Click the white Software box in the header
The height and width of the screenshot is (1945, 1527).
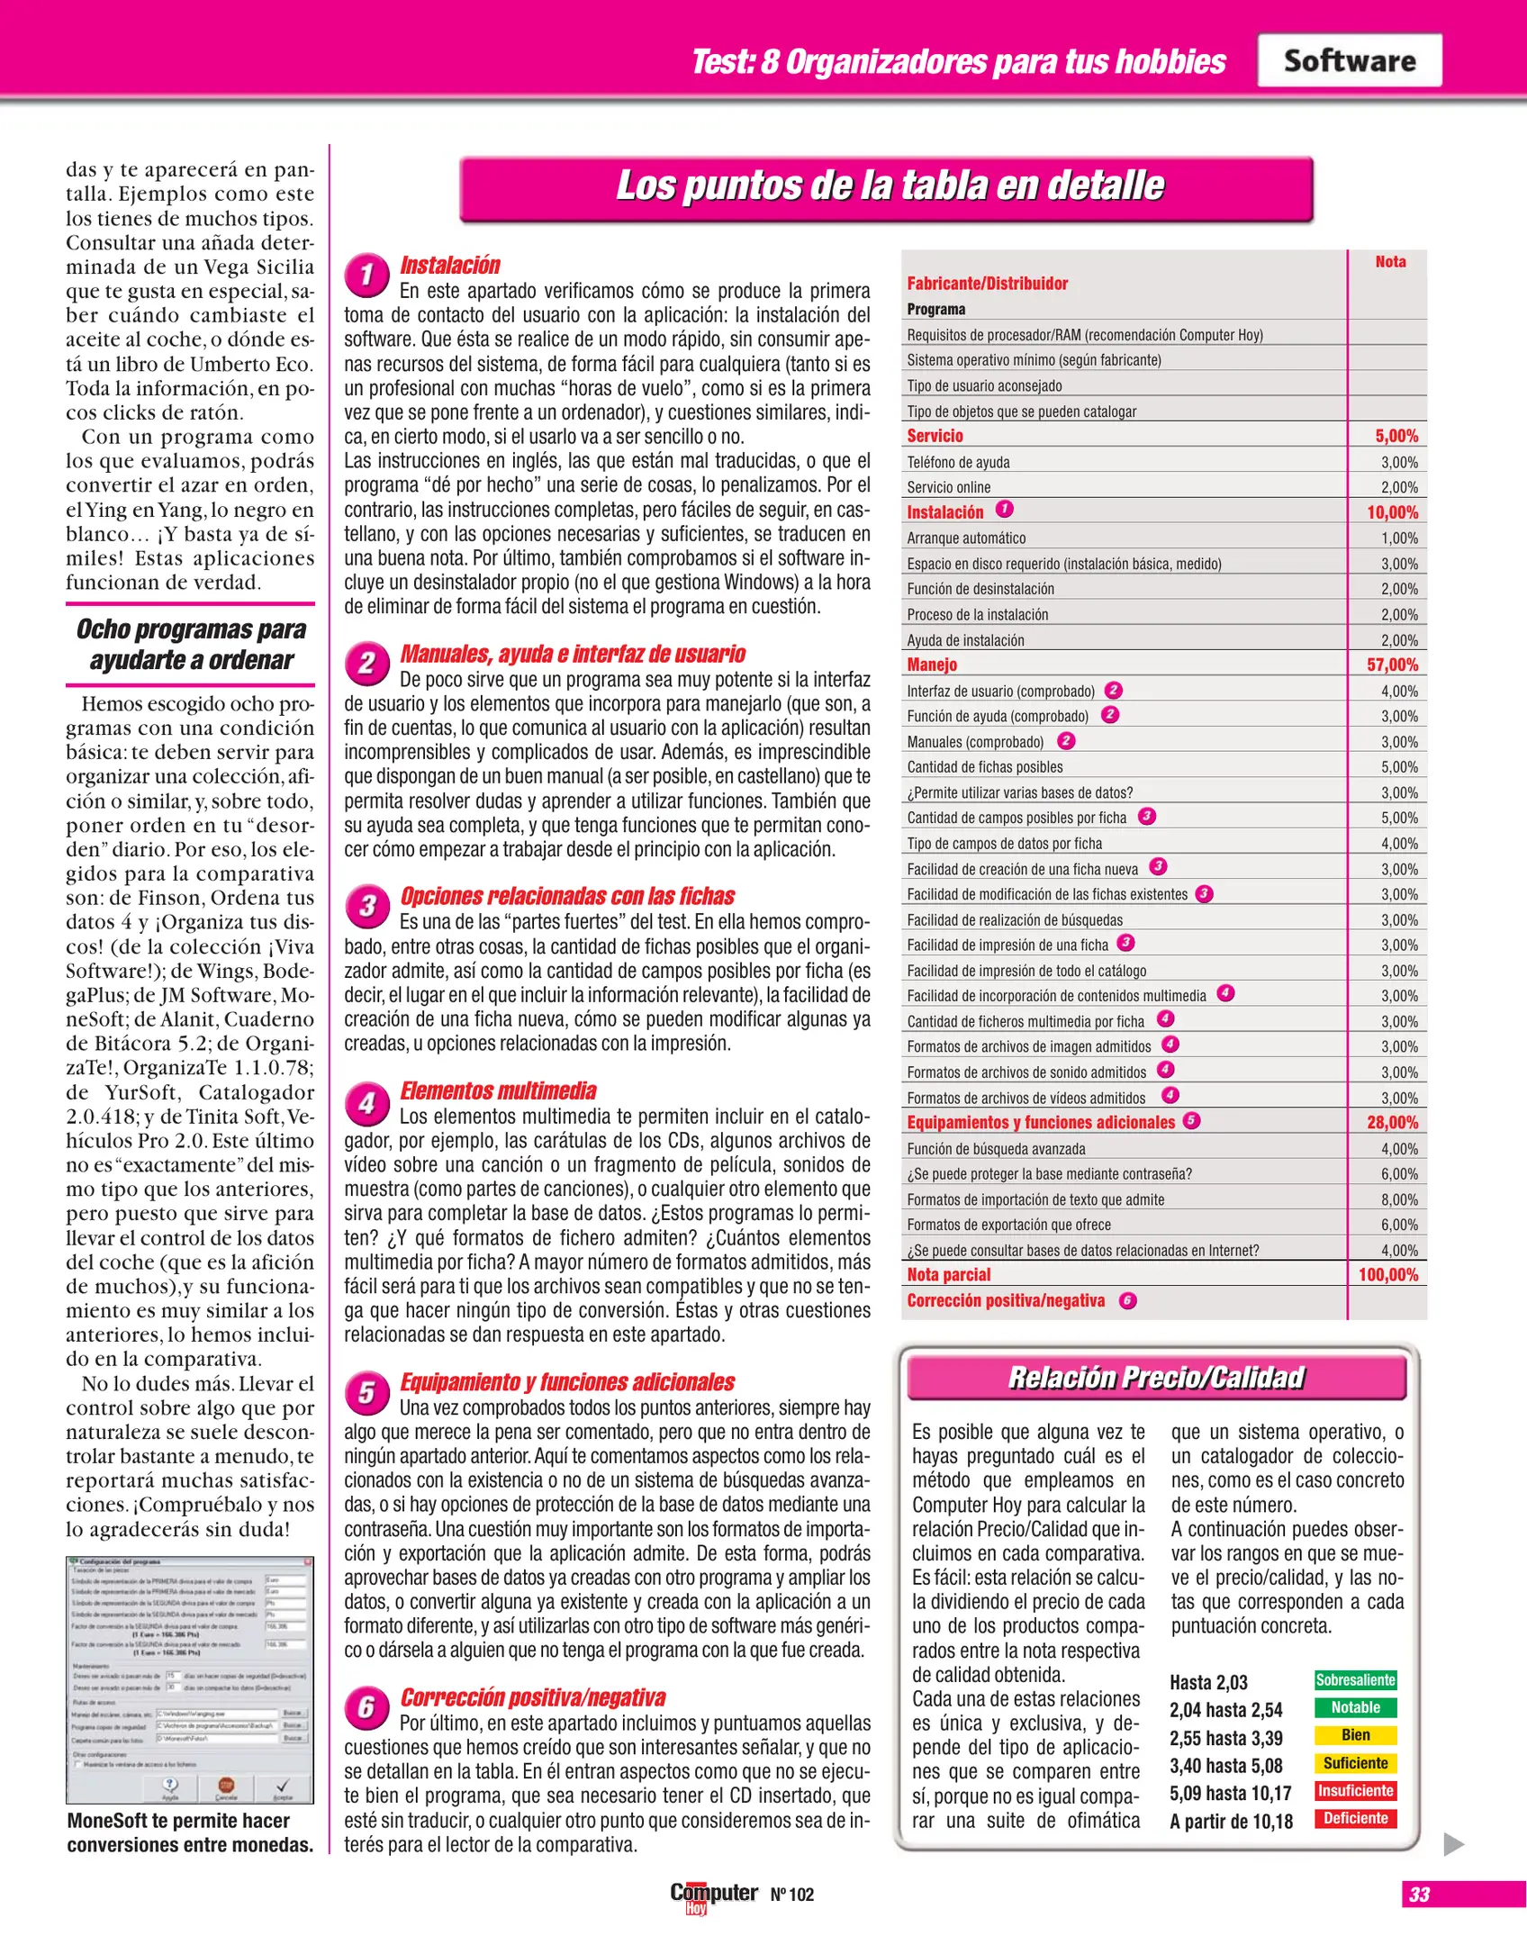(x=1349, y=60)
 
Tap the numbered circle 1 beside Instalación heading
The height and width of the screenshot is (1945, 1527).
(x=366, y=275)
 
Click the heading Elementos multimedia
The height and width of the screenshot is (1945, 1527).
(x=498, y=1090)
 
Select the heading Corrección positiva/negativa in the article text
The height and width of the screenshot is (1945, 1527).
(x=532, y=1697)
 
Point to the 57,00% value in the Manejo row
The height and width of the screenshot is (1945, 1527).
(x=1392, y=665)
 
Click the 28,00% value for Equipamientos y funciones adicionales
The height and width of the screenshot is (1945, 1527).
(x=1392, y=1122)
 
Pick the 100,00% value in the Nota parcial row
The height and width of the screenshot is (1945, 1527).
(x=1388, y=1274)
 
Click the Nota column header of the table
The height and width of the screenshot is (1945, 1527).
(x=1390, y=261)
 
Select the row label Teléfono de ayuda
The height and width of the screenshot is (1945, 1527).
(x=958, y=462)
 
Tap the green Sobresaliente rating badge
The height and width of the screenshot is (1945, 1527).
(x=1355, y=1679)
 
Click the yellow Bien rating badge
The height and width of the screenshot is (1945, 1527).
(x=1355, y=1734)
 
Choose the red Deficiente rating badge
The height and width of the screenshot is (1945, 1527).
(x=1355, y=1817)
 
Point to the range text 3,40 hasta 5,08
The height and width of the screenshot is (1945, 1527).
(x=1225, y=1765)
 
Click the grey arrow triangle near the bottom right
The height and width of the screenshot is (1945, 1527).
(x=1452, y=1843)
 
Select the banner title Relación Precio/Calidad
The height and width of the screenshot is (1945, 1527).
(x=1156, y=1378)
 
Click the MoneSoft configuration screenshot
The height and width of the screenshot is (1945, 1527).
(x=189, y=1679)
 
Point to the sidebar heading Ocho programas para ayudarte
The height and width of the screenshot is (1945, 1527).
(x=191, y=644)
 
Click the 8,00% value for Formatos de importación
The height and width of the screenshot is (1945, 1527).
(x=1399, y=1199)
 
